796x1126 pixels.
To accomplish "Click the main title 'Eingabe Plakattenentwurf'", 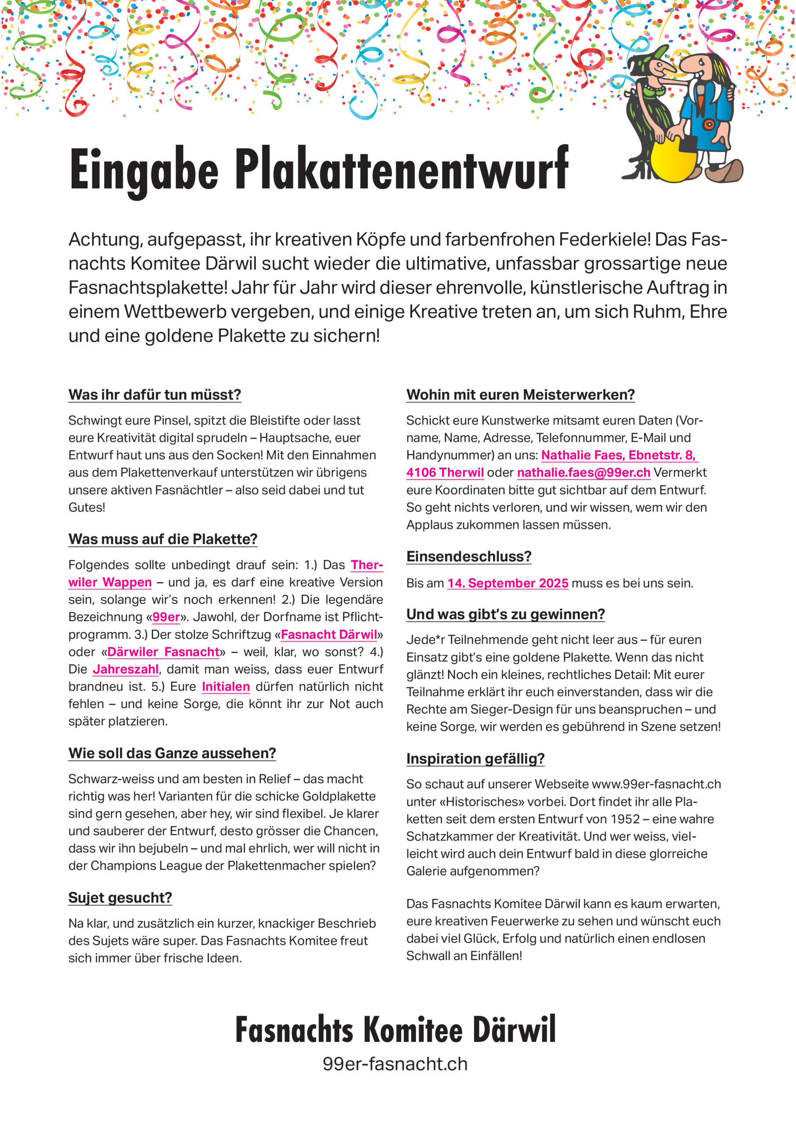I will pyautogui.click(x=319, y=169).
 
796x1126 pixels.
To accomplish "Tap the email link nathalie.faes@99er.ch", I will pyautogui.click(x=583, y=472).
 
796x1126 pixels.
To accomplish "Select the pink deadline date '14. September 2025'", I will pyautogui.click(x=507, y=583).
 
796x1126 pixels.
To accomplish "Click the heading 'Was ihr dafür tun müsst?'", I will pyautogui.click(x=154, y=395).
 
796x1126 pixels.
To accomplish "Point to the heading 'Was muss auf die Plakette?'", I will pyautogui.click(x=162, y=539).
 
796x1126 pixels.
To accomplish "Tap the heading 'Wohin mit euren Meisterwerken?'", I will pyautogui.click(x=520, y=395).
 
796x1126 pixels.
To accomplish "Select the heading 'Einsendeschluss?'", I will pyautogui.click(x=468, y=557).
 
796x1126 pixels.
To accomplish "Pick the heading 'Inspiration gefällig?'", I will pyautogui.click(x=475, y=759).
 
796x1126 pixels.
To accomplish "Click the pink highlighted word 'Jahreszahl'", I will pyautogui.click(x=125, y=669).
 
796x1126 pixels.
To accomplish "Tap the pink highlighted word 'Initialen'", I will pyautogui.click(x=226, y=687).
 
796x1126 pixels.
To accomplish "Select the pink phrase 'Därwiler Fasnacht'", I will pyautogui.click(x=163, y=652).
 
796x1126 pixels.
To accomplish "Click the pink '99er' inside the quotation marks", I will pyautogui.click(x=166, y=617).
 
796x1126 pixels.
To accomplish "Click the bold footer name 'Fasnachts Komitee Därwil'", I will pyautogui.click(x=395, y=1029).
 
